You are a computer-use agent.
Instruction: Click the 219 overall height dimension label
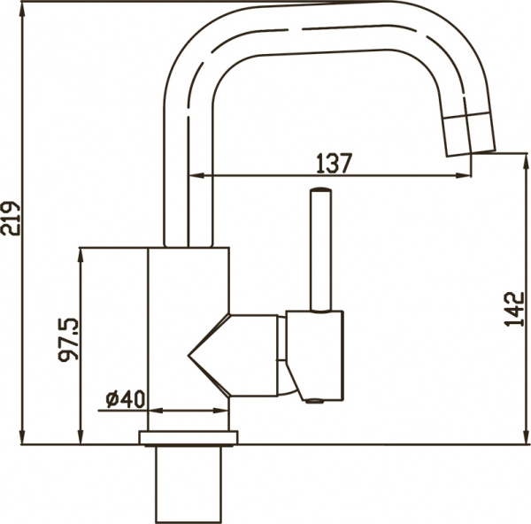[x=11, y=218]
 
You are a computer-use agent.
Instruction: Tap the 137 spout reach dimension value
[x=334, y=163]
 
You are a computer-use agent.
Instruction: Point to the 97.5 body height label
[x=67, y=339]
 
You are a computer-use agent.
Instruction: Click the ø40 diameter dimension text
[x=124, y=399]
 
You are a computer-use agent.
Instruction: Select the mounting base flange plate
[x=189, y=437]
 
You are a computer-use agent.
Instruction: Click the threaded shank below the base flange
[x=189, y=482]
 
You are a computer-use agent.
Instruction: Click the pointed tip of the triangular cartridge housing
[x=189, y=357]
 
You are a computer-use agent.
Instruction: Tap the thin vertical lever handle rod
[x=319, y=252]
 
